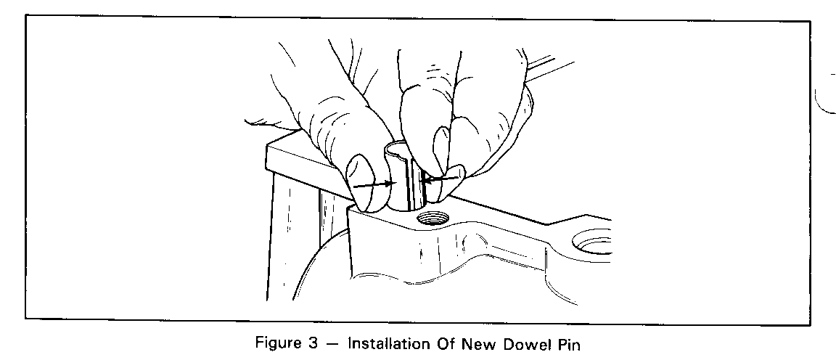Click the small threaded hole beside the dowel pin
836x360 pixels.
pyautogui.click(x=433, y=218)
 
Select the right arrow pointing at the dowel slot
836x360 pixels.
pyautogui.click(x=440, y=179)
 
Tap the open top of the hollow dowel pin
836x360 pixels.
pyautogui.click(x=401, y=148)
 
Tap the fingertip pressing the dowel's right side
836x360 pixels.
pyautogui.click(x=444, y=184)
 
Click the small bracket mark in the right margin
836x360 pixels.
pyautogui.click(x=824, y=94)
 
